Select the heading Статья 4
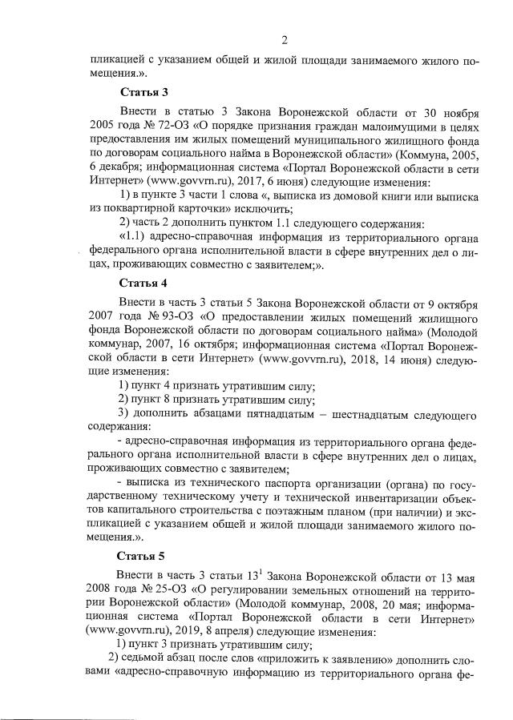pyautogui.click(x=142, y=284)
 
